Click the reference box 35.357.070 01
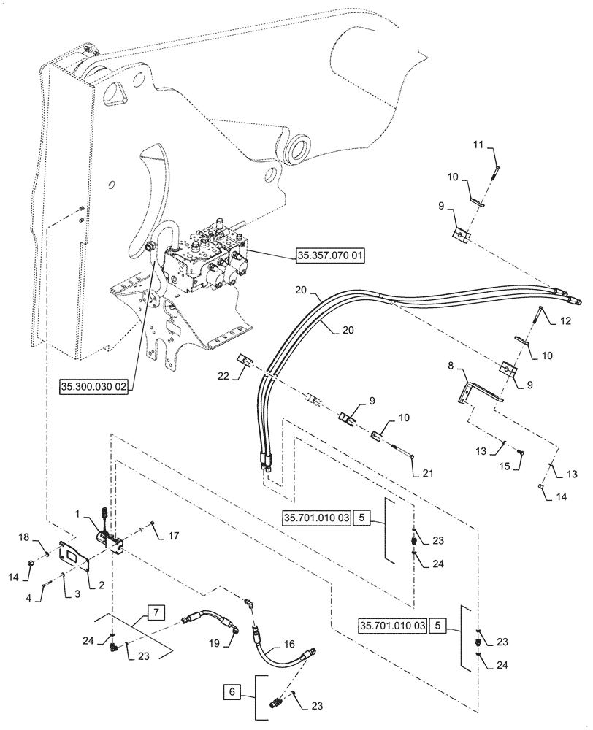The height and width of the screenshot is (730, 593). (x=330, y=255)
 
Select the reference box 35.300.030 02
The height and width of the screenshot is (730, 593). (x=93, y=388)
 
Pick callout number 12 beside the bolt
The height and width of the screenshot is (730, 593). (x=565, y=321)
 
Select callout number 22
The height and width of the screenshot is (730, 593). (x=223, y=376)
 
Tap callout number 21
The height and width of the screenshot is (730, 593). (x=427, y=474)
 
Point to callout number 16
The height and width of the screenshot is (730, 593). (x=289, y=644)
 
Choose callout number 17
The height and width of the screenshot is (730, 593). (x=173, y=536)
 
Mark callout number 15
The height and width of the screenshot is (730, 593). (x=505, y=465)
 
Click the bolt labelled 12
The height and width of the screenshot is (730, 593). (x=538, y=317)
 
